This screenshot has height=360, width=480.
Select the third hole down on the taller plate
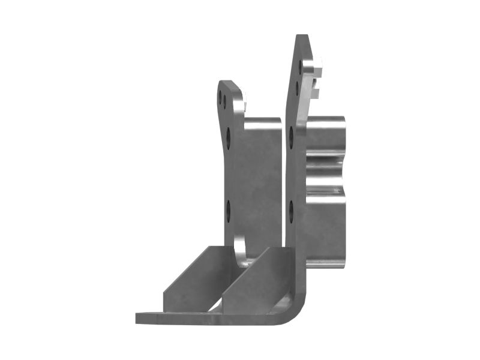click(292, 137)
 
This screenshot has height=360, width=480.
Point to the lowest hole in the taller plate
click(291, 211)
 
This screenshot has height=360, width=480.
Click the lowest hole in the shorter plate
click(229, 209)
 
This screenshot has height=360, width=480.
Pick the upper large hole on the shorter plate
click(229, 137)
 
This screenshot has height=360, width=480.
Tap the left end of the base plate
click(139, 318)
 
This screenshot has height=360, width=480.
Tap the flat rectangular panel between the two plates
click(258, 180)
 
